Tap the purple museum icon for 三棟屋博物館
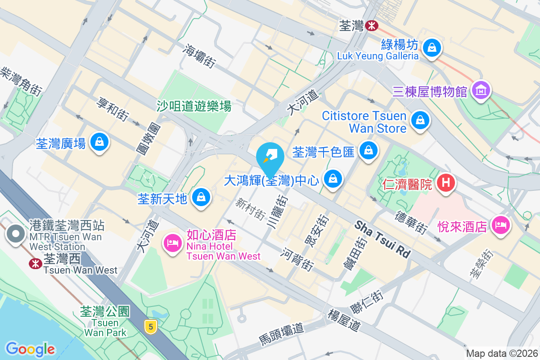481,90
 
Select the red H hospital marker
446,183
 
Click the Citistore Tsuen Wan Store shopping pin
419,120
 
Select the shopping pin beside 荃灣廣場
99,142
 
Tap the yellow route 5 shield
150,326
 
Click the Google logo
31,349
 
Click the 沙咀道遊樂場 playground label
194,106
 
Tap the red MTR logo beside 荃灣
372,26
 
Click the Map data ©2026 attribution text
502,353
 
